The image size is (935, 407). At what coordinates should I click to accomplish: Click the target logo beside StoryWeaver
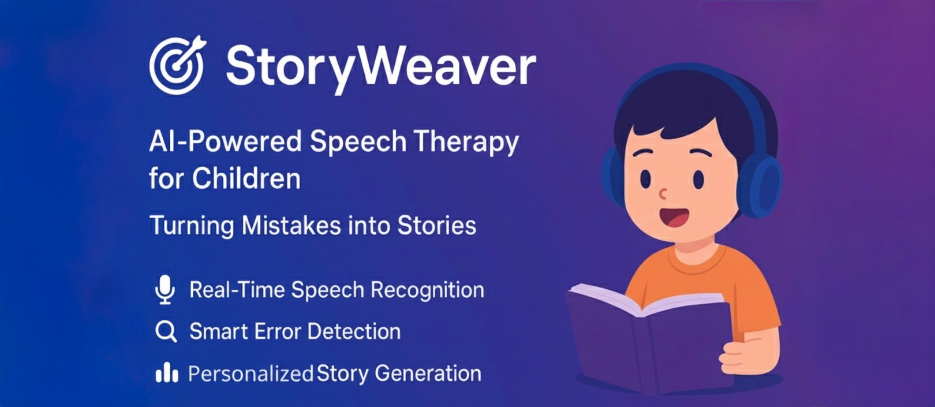pos(177,65)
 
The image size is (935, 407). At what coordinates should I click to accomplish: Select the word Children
pos(246,179)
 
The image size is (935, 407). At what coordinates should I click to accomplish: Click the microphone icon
pos(166,290)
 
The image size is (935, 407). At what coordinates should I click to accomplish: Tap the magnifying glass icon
pos(166,331)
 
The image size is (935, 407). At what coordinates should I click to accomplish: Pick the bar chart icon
pos(166,373)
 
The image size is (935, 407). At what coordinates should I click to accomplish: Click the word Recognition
pos(427,290)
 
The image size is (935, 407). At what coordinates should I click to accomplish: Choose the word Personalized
pos(250,374)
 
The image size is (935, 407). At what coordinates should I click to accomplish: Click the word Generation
pos(428,374)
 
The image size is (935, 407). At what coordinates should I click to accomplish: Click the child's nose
pos(664,193)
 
